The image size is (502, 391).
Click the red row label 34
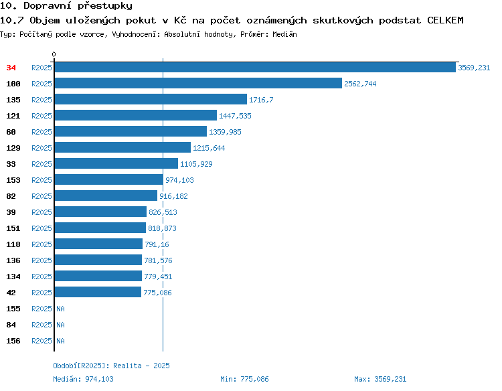point(11,68)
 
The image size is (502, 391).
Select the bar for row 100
point(198,83)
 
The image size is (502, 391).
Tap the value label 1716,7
point(261,100)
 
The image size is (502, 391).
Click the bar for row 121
point(136,115)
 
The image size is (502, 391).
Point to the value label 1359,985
point(225,132)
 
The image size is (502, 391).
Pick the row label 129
point(13,148)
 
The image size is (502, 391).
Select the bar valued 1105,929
point(116,163)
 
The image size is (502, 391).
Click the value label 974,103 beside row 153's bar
point(179,180)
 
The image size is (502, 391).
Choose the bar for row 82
point(106,195)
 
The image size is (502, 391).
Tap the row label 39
point(11,212)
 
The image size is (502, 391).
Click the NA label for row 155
point(60,309)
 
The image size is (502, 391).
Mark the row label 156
point(13,341)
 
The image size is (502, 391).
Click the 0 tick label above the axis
point(54,54)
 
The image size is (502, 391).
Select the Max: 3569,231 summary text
point(380,379)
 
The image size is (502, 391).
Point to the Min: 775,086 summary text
point(244,379)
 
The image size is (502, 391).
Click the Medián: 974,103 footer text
point(83,379)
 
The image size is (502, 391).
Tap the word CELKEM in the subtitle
point(445,20)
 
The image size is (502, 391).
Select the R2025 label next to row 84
point(41,325)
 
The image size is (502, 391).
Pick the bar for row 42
point(98,292)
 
